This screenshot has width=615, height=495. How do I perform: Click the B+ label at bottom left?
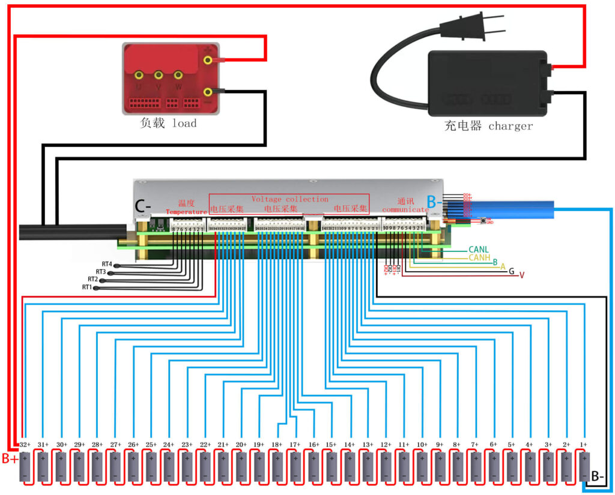[10, 459]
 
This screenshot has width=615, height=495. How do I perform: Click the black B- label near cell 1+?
[598, 477]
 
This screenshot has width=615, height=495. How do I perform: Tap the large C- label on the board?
[143, 206]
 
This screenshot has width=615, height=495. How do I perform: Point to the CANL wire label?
[479, 249]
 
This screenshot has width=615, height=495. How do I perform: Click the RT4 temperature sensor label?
[107, 264]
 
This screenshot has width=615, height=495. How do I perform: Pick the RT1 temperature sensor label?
[87, 287]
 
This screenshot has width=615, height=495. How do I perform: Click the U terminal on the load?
[139, 76]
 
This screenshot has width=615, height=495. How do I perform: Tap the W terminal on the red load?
[178, 76]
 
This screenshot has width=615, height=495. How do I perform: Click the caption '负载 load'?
[168, 124]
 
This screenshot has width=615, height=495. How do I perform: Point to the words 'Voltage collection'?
[289, 199]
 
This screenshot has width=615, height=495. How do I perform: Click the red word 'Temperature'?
[186, 212]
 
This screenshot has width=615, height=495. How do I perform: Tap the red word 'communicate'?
[405, 210]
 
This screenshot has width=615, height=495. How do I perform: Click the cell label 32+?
[25, 445]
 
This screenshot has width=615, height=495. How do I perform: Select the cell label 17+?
[295, 445]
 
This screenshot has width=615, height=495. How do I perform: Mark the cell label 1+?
[583, 445]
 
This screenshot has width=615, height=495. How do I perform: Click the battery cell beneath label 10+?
[422, 466]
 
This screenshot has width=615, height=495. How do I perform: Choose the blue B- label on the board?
[435, 203]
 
